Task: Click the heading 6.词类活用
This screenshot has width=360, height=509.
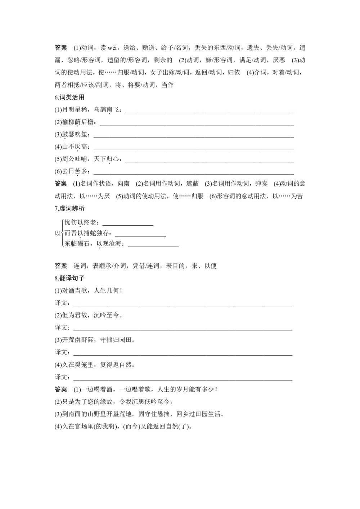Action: (69, 98)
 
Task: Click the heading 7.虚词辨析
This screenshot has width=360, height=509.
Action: (69, 209)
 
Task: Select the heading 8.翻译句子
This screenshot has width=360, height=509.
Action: (69, 278)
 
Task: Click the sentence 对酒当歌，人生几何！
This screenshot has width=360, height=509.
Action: (89, 290)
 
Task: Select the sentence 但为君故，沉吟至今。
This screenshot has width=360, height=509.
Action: (89, 315)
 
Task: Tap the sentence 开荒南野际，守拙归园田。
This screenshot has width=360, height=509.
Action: (95, 340)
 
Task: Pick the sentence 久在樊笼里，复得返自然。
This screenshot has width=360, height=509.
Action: (95, 365)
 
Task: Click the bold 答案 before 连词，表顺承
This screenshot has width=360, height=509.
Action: (61, 266)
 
